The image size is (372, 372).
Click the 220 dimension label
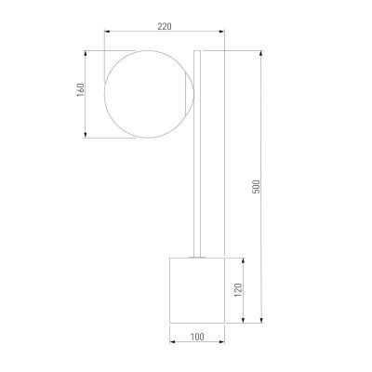pyautogui.click(x=165, y=27)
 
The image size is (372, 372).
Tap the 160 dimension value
pyautogui.click(x=81, y=89)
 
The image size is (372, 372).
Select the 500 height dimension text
pyautogui.click(x=257, y=187)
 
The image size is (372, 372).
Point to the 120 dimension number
pyautogui.click(x=238, y=290)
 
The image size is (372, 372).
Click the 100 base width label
pyautogui.click(x=197, y=337)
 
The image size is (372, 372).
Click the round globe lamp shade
pyautogui.click(x=104, y=94)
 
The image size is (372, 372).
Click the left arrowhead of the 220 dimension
pyautogui.click(x=107, y=31)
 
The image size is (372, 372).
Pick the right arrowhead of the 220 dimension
pyautogui.click(x=222, y=31)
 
